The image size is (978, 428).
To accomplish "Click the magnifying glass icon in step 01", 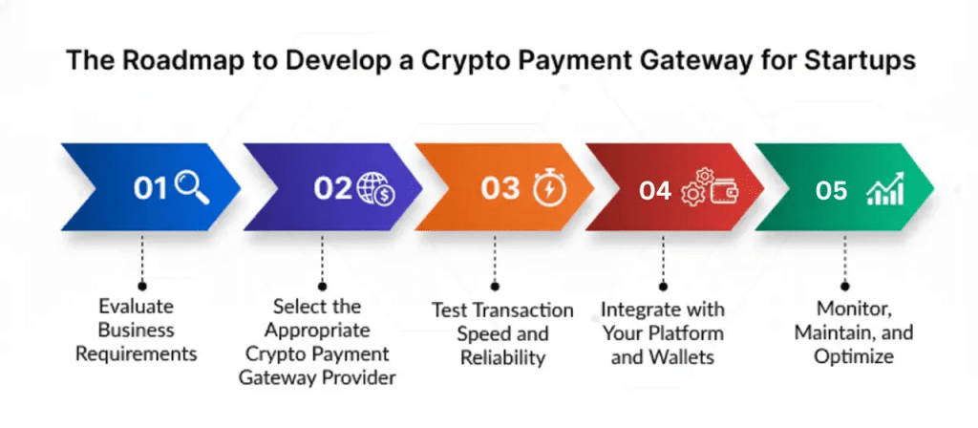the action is (192, 188).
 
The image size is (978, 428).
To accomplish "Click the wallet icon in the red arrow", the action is (723, 190).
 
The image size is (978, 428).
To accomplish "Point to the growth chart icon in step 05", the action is (885, 189).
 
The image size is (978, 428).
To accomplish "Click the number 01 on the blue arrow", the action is (150, 189).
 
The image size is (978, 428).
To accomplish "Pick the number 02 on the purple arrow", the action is (333, 188).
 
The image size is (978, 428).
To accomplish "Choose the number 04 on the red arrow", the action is (655, 191).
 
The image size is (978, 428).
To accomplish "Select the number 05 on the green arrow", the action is (832, 191).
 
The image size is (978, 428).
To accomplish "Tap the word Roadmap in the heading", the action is (182, 61).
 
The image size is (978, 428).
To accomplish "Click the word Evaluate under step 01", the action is (137, 307).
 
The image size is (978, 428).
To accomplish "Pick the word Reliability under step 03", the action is (502, 357).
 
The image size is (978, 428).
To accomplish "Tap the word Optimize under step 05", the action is (854, 356).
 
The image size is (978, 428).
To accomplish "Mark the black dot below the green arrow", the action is (845, 287).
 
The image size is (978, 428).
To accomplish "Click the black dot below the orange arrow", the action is (495, 287).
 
